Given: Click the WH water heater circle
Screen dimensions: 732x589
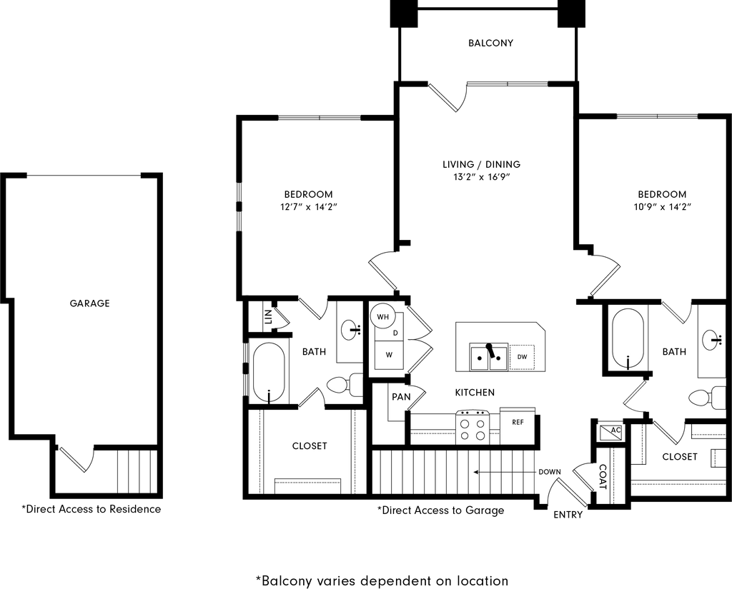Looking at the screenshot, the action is pyautogui.click(x=383, y=316).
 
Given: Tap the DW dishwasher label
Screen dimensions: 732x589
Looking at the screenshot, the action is pyautogui.click(x=522, y=356).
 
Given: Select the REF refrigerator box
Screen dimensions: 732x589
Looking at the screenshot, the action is pyautogui.click(x=518, y=426).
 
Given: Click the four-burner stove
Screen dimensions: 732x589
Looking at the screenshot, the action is pyautogui.click(x=473, y=427).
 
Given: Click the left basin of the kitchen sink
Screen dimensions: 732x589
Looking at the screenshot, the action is pyautogui.click(x=479, y=358).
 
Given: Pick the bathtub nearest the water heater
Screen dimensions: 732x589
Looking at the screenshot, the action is pyautogui.click(x=269, y=371).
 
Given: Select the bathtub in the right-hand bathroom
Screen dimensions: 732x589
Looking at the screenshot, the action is pyautogui.click(x=628, y=338).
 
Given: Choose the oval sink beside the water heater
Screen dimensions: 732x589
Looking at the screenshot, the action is pyautogui.click(x=348, y=330).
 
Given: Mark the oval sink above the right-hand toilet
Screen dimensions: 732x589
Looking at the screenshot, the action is pyautogui.click(x=709, y=339).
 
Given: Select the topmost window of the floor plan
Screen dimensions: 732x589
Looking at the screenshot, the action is pyautogui.click(x=507, y=84).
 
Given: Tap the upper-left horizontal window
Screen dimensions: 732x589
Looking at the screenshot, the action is pyautogui.click(x=319, y=117).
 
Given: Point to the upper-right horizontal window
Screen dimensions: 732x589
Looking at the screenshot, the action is pyautogui.click(x=657, y=116).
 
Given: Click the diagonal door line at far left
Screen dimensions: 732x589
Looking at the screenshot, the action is pyautogui.click(x=73, y=459).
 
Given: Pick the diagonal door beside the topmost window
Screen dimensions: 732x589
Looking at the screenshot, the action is pyautogui.click(x=442, y=97).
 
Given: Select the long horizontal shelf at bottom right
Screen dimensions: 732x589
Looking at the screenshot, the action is pyautogui.click(x=678, y=488).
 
